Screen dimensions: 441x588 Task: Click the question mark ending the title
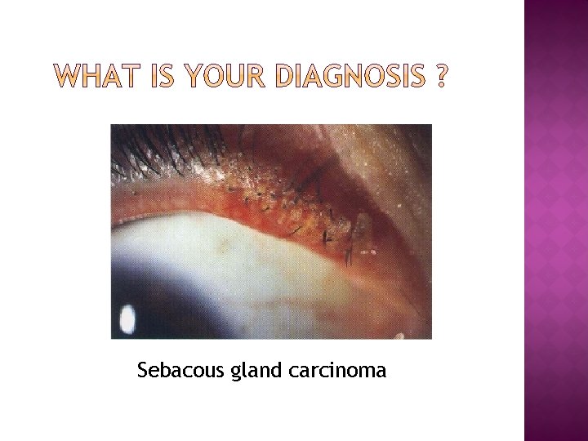(441, 78)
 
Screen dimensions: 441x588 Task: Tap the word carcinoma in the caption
(337, 371)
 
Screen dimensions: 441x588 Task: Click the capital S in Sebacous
(143, 371)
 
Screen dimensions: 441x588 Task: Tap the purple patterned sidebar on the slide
(555, 220)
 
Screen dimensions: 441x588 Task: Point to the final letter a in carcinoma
(381, 372)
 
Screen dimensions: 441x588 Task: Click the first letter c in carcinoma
(293, 372)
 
